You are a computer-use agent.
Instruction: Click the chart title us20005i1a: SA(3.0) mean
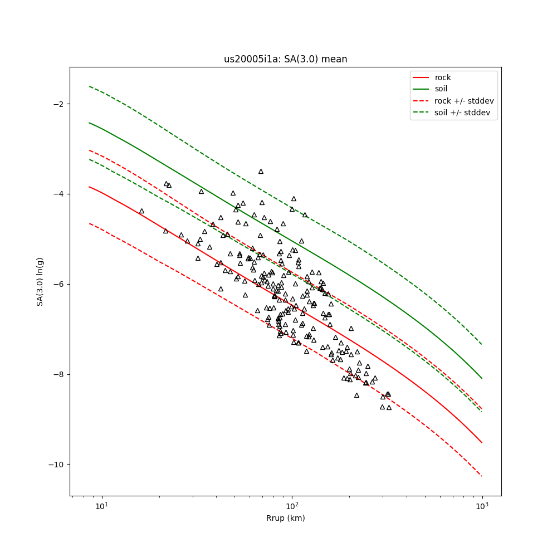[285, 59]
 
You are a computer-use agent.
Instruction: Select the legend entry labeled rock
[443, 77]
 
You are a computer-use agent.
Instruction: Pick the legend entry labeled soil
[441, 89]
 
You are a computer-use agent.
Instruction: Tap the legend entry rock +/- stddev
[464, 101]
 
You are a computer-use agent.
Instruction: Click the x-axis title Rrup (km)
[285, 518]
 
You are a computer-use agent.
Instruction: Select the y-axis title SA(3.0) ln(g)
[40, 281]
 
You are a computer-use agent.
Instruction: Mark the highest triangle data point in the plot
[261, 172]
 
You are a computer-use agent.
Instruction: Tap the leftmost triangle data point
[141, 211]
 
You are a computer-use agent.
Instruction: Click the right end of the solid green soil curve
[482, 378]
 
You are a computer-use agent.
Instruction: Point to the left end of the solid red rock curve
[89, 187]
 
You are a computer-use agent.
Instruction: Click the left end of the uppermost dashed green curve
[89, 86]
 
